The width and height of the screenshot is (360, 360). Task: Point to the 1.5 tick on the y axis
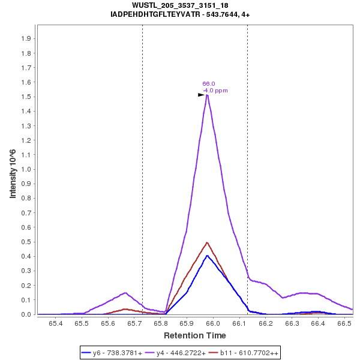pos(27,97)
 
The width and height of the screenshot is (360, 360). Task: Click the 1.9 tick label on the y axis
pos(27,38)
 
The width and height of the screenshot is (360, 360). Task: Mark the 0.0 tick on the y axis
pos(27,314)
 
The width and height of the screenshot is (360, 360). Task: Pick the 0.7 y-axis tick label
pos(27,213)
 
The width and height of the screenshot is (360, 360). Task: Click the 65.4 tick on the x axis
pos(56,323)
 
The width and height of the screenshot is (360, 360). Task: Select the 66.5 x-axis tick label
pos(344,323)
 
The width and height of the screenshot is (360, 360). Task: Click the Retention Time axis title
pos(195,335)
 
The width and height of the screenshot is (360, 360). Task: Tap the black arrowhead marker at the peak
pos(202,95)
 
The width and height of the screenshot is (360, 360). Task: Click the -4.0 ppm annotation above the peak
pos(215,91)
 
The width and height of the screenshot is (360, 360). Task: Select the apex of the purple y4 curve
pos(207,95)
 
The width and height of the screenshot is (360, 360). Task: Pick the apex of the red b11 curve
pos(207,242)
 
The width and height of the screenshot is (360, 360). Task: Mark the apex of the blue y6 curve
pos(207,256)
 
